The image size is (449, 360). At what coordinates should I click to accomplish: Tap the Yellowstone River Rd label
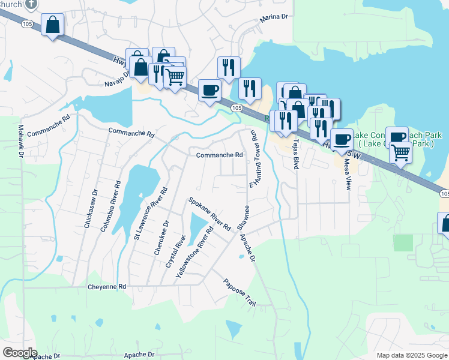(x=194, y=253)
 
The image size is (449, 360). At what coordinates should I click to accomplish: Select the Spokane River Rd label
(x=209, y=214)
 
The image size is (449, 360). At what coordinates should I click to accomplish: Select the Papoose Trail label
(x=240, y=293)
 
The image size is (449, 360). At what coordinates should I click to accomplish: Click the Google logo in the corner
(x=19, y=353)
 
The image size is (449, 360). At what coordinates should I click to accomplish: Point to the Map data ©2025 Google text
(x=411, y=355)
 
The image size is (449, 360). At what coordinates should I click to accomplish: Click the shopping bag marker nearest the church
(x=53, y=25)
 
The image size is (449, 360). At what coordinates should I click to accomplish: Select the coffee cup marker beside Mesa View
(x=342, y=139)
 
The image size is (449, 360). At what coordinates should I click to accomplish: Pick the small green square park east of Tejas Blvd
(x=404, y=242)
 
